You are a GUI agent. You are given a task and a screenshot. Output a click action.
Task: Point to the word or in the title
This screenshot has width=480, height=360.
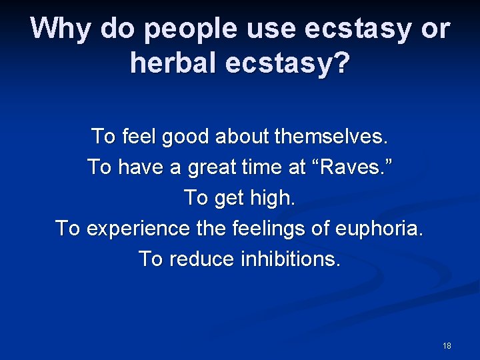[x=433, y=29]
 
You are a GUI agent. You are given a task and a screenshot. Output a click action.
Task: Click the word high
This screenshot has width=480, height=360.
[x=271, y=198]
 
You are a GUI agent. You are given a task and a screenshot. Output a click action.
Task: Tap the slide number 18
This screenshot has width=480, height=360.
[x=447, y=345]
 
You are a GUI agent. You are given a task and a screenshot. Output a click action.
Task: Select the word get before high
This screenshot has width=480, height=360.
[x=229, y=199]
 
